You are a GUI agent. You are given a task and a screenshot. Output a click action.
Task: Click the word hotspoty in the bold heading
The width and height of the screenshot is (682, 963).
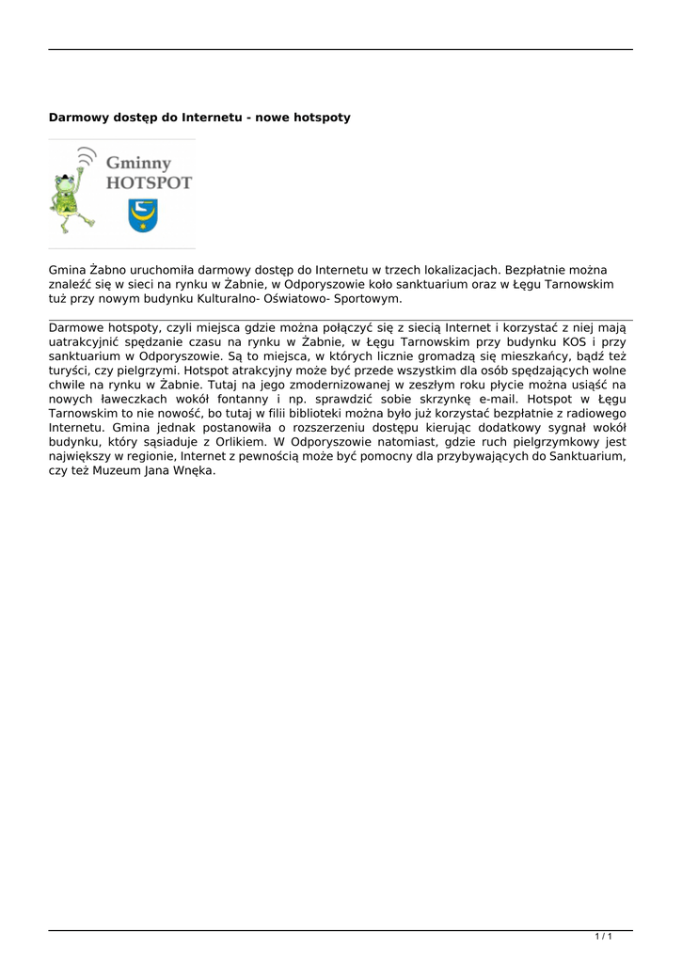(322, 118)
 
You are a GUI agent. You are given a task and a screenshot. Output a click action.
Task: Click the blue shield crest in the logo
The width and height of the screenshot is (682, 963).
(143, 215)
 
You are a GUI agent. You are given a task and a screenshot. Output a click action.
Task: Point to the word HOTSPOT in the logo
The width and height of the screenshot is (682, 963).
(148, 183)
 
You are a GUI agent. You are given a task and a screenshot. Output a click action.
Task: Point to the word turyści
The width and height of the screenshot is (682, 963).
(71, 371)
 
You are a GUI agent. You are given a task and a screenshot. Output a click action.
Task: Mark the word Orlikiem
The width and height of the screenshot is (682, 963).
(233, 442)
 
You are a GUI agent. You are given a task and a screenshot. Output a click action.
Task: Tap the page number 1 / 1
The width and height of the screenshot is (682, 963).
(604, 936)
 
